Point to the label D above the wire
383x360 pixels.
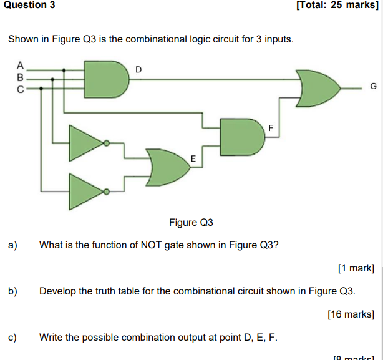138,69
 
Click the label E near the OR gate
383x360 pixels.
193,160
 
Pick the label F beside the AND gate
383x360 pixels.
271,128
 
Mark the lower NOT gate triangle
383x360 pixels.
86,190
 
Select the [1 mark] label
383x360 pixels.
356,268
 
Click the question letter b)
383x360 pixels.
12,291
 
